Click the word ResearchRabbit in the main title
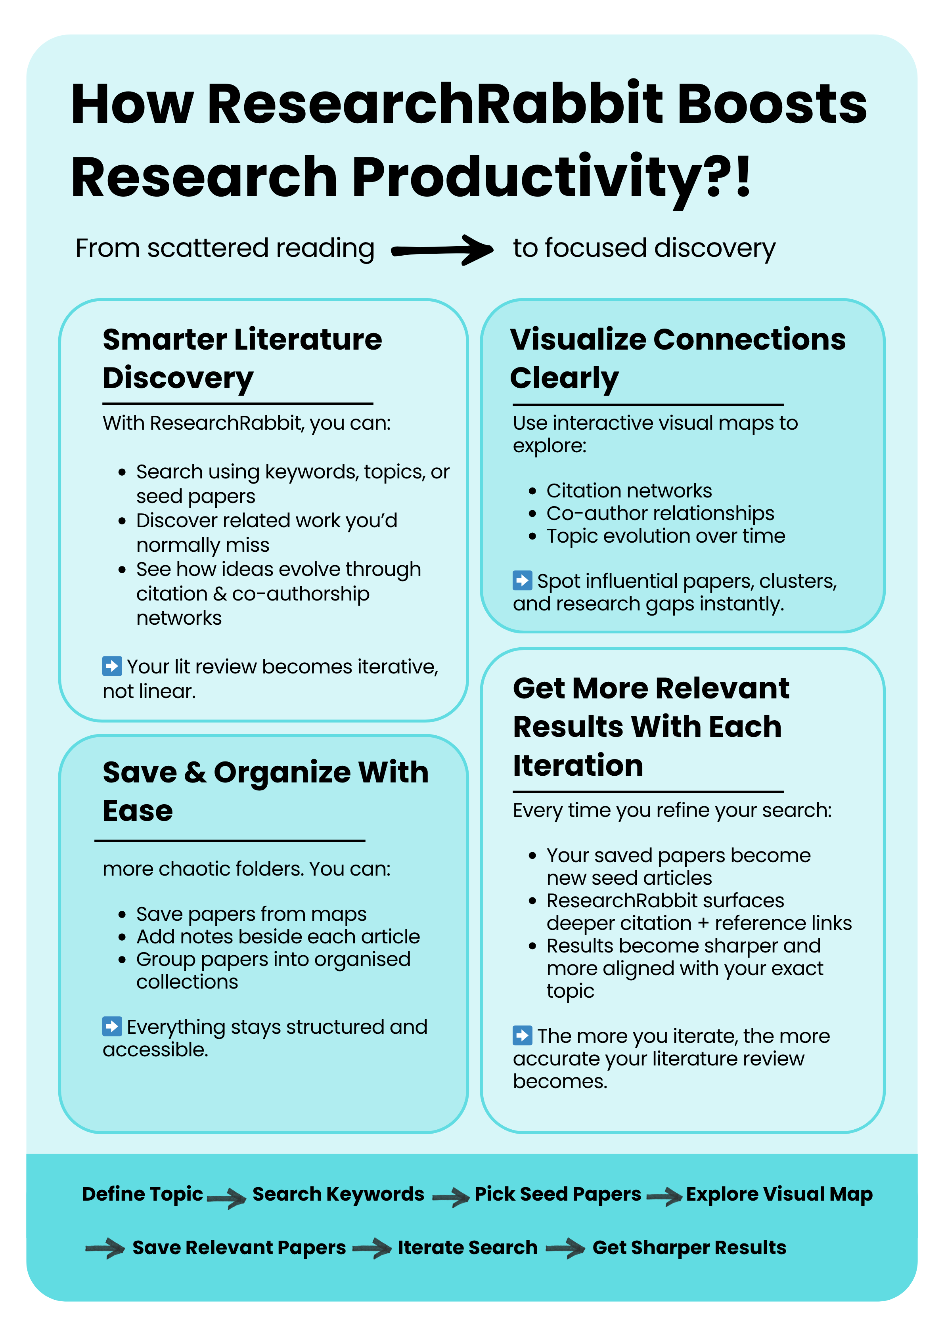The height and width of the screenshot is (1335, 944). tap(435, 105)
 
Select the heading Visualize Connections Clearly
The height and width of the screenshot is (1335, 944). tap(677, 358)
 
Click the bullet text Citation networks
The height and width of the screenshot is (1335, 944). tap(629, 491)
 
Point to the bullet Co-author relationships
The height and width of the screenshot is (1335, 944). tap(660, 513)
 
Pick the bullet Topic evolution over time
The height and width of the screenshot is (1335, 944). tap(665, 536)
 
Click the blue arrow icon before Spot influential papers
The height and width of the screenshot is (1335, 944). tap(522, 580)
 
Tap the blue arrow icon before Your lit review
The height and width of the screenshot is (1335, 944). tap(112, 666)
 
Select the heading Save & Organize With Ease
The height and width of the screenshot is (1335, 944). tap(265, 791)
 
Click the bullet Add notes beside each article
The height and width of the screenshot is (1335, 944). tap(278, 937)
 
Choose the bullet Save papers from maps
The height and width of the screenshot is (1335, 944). tap(251, 914)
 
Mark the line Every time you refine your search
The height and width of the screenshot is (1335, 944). tap(672, 810)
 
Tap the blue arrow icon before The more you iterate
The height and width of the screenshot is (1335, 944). tap(522, 1036)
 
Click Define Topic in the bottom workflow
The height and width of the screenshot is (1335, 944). tap(142, 1194)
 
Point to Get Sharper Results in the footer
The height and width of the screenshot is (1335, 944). tap(689, 1247)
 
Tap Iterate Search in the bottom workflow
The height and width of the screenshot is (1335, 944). tap(467, 1247)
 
